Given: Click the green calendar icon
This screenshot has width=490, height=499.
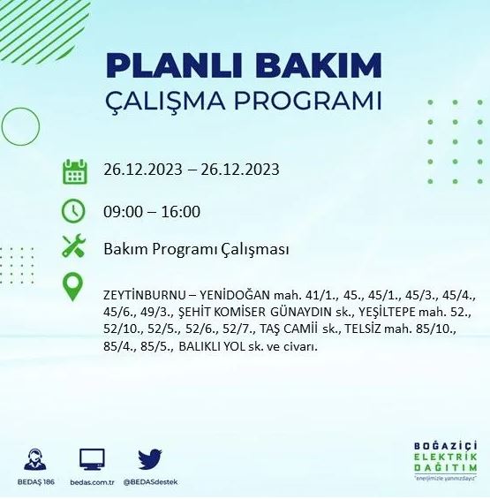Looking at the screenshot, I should coord(74,171).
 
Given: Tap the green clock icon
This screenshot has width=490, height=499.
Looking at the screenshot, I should coord(74,211).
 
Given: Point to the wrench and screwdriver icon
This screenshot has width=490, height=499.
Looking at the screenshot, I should coord(74,249).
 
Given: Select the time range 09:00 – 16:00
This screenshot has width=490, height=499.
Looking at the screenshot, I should coord(152,211).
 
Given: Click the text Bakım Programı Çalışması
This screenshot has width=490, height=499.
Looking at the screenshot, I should coord(196,249).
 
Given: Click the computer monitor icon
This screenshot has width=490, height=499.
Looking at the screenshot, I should coord(92,458).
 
